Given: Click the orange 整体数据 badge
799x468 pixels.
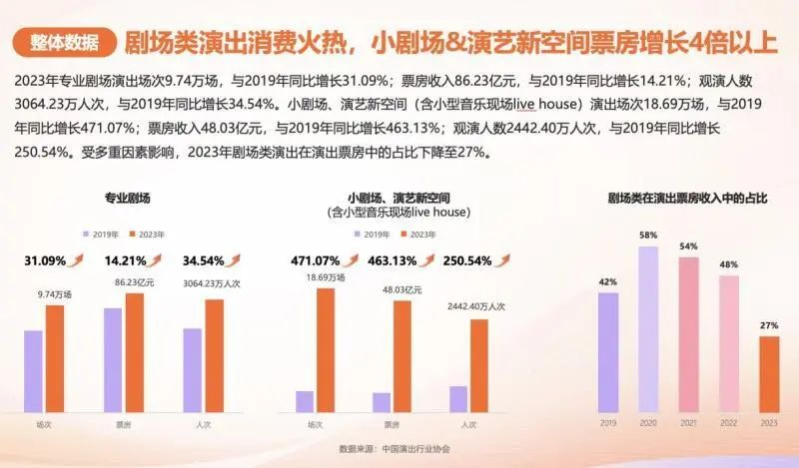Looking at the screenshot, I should pos(65,43).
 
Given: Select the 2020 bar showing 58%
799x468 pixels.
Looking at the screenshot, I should pos(648,329).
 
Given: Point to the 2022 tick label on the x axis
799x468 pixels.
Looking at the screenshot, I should pos(728,423).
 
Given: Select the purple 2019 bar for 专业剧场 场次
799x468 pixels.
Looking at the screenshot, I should pos(34,370).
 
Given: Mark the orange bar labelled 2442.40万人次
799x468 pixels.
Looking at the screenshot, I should pos(479,365).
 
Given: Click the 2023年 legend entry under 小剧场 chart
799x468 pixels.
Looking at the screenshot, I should pos(419,234).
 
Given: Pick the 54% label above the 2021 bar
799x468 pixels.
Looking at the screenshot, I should pos(688,245).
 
